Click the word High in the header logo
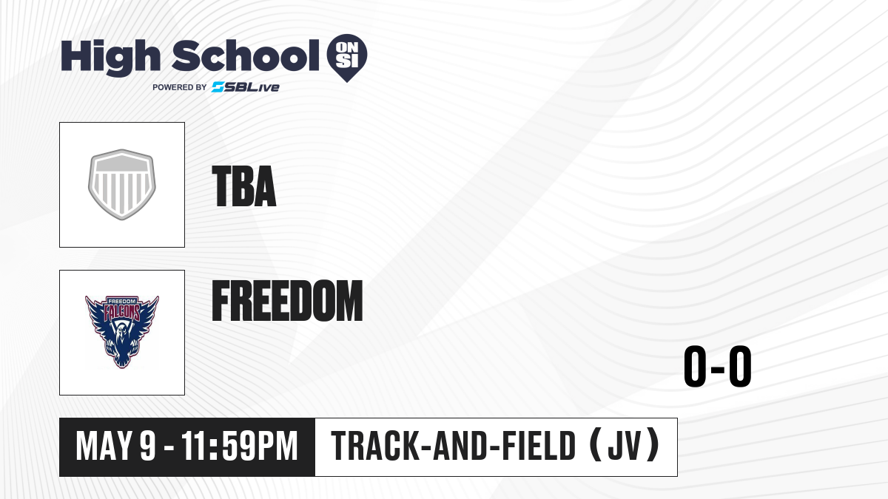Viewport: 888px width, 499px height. [x=111, y=58]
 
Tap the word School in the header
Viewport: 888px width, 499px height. [x=246, y=55]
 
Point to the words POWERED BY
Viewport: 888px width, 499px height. [x=180, y=87]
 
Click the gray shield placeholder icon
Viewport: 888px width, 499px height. [x=122, y=185]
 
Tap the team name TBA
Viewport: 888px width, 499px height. [x=243, y=186]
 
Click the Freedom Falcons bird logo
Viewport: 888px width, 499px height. [x=122, y=332]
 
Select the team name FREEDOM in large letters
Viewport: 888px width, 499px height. [x=287, y=300]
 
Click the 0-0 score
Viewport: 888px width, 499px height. [x=718, y=367]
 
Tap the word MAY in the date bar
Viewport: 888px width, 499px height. [x=104, y=446]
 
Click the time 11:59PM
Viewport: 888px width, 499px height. [x=240, y=446]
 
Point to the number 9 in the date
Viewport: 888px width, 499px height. [x=148, y=446]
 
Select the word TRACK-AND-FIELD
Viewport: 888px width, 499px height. [x=454, y=446]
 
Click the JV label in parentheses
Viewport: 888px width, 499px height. [x=625, y=446]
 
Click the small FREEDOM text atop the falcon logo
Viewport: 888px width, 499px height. [x=123, y=301]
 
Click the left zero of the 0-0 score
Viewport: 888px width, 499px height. [x=695, y=367]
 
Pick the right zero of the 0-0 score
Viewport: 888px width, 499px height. [x=740, y=367]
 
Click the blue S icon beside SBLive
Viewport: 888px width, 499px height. [x=218, y=87]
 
